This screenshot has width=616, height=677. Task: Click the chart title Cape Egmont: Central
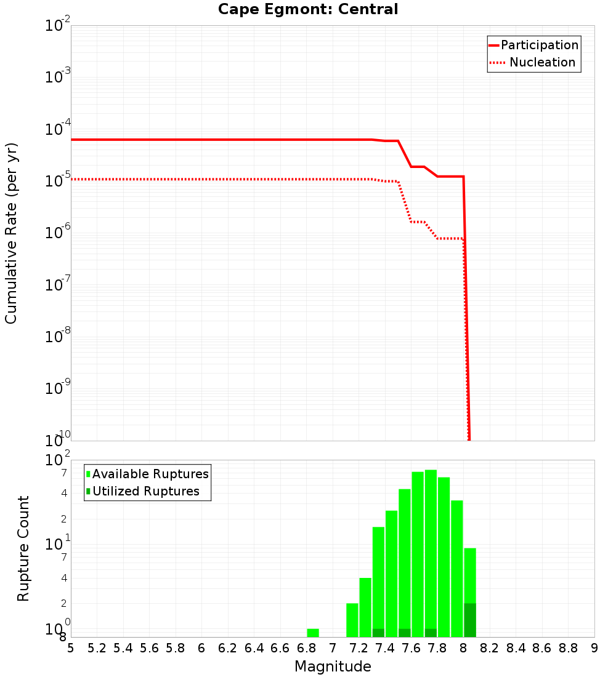click(x=308, y=9)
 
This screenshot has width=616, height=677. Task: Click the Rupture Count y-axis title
click(x=23, y=548)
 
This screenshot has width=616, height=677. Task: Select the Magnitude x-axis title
click(x=333, y=667)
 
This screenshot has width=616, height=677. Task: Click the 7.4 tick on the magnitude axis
click(x=385, y=648)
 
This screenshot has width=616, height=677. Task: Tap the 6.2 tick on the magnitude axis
click(x=228, y=648)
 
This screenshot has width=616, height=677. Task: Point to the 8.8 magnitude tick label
click(x=568, y=648)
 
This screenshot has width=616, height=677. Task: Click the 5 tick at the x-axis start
click(x=71, y=648)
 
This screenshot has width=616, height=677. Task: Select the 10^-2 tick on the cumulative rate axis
click(x=58, y=26)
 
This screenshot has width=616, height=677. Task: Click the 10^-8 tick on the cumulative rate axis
click(x=58, y=336)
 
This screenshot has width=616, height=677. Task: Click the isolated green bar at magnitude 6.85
click(x=313, y=633)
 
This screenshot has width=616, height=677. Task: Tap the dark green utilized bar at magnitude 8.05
click(x=470, y=620)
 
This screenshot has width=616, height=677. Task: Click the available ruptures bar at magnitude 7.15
click(x=352, y=620)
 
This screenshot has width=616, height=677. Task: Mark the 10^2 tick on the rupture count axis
click(x=58, y=461)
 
